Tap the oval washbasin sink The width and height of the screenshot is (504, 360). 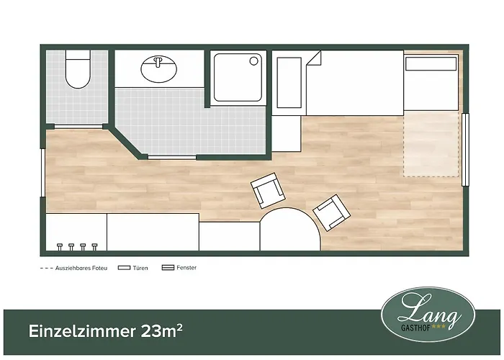159,68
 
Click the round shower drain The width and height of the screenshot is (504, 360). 253,60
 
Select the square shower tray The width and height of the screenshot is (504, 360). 238,78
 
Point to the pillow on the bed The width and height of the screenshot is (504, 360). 431,63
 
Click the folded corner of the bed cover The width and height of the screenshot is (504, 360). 315,58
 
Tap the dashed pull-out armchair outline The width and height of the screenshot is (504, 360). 431,144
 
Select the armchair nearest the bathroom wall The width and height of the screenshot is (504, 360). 268,191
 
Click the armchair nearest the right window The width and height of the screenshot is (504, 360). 331,212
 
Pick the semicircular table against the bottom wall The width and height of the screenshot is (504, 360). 290,229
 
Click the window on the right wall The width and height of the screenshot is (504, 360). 465,150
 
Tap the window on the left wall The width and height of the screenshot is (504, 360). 42,173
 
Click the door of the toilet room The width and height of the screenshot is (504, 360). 78,126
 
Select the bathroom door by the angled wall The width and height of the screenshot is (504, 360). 172,157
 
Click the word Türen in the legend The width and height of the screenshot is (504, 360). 140,268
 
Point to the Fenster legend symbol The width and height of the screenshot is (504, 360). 168,267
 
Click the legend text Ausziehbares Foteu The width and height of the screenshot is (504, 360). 81,268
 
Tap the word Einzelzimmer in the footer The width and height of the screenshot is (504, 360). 82,331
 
